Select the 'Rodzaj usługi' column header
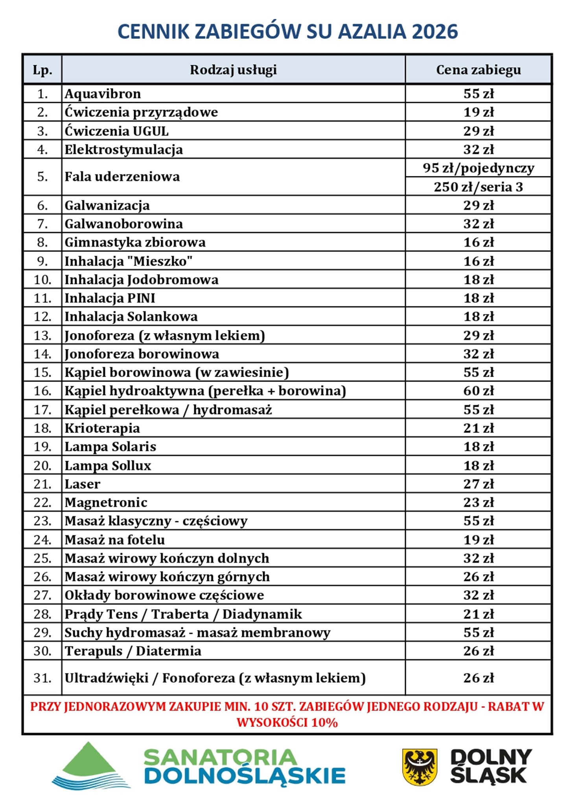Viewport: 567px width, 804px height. coord(233,70)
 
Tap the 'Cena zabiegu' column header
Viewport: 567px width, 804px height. coord(478,70)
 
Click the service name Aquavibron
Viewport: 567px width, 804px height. coord(103,94)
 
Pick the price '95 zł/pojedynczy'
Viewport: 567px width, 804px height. coord(478,168)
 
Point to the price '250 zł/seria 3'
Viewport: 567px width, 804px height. coord(478,187)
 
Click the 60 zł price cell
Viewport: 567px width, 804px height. coord(478,391)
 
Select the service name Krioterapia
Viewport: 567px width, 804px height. coord(102,428)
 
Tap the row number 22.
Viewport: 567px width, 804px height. coord(42,502)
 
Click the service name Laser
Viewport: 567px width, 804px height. coord(83,484)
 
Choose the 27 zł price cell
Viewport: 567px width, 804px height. coord(478,484)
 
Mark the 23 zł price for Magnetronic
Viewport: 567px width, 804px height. coord(478,502)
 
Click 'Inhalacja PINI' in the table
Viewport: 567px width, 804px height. coord(110,298)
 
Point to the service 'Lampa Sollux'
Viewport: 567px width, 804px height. coord(108,465)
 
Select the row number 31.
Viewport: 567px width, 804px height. coord(42,678)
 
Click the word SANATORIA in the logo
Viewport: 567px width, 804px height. coord(220,758)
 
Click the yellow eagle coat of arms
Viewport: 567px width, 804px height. coord(420,767)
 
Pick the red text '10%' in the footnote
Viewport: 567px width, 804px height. coord(324,723)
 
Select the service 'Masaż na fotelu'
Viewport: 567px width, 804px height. coord(114,540)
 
